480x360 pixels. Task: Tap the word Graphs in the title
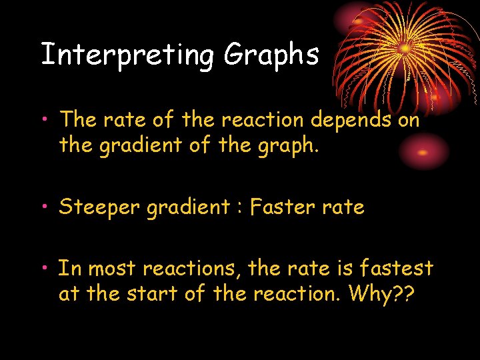tap(271, 55)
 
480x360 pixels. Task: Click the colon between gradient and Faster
tap(239, 209)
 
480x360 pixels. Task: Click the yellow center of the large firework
tap(405, 48)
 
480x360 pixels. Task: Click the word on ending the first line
tap(409, 120)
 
